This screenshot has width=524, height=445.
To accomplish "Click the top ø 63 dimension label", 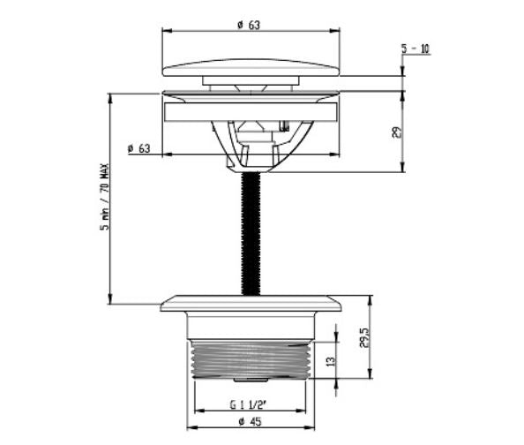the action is click(249, 25).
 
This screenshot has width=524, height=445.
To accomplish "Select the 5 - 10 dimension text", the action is click(415, 49).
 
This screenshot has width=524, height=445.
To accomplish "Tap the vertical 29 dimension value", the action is click(396, 132).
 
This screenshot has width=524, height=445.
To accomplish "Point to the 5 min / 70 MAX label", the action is click(105, 197).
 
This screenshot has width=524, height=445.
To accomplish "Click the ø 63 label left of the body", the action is click(139, 148).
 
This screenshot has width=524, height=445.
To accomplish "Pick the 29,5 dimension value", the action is click(364, 337).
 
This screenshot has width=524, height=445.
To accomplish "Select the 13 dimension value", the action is click(330, 361).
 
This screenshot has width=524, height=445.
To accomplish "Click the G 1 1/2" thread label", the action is click(248, 405).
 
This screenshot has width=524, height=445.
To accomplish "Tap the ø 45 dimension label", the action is click(250, 421).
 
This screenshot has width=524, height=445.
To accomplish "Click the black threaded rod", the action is click(251, 233).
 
